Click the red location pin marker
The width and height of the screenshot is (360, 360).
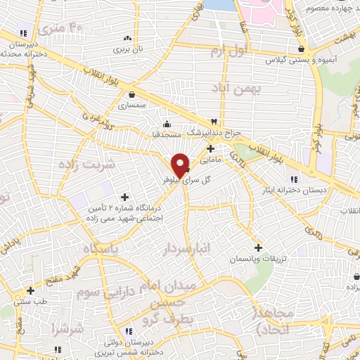coord(180,165)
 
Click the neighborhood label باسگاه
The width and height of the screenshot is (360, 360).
coord(104,249)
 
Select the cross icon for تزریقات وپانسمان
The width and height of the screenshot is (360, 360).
coord(258,247)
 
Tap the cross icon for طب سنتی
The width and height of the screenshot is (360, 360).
coord(30,290)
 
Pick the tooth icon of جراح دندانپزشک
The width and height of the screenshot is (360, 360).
coord(213,121)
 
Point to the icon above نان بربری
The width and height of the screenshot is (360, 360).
coord(127,38)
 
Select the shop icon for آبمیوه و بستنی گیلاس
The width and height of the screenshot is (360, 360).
coord(302,49)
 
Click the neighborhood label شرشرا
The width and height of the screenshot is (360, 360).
coord(67,329)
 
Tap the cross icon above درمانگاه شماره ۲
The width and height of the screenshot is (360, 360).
coord(125,197)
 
